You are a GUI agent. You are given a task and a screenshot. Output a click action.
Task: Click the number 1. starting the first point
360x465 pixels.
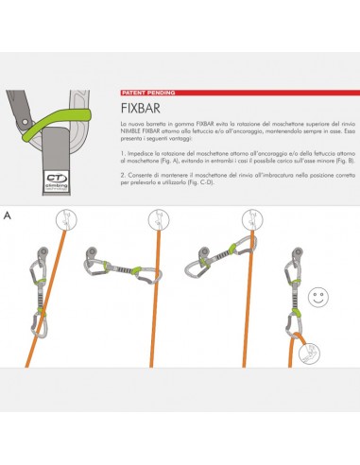(124, 151)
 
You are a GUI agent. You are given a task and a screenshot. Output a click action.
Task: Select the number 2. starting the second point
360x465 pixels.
(124, 173)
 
